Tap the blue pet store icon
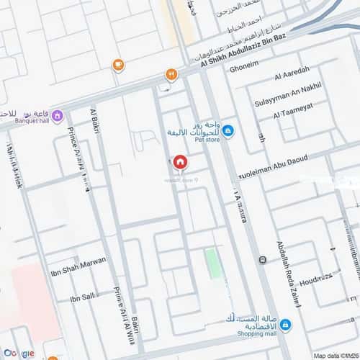pos(228,130)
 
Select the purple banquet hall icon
pos(58,115)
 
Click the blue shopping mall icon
pos(285,325)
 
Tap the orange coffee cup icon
pos(118,66)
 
